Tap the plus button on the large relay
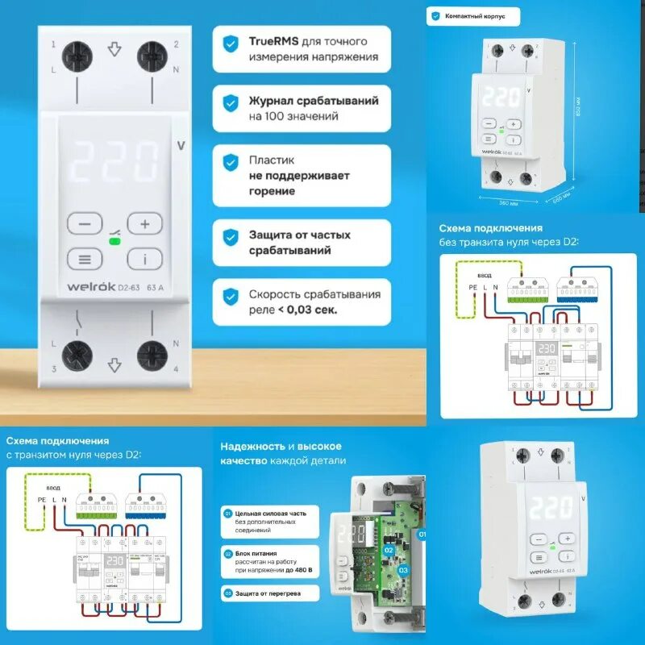(x=145, y=223)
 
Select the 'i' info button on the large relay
(x=145, y=259)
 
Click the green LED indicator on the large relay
(x=114, y=240)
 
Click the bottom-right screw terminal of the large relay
(x=151, y=355)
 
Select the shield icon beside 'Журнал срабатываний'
(x=231, y=103)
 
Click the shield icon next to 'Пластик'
(x=231, y=160)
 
